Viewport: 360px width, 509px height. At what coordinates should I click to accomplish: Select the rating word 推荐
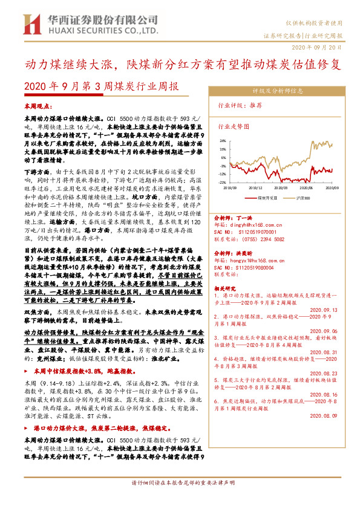point(255,105)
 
